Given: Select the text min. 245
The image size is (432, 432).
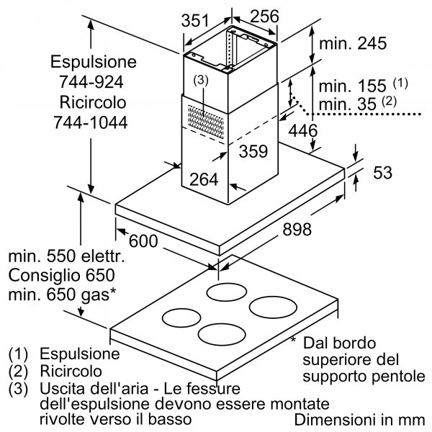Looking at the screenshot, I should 353,43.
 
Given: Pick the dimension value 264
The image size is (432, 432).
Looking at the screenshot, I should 204,180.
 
